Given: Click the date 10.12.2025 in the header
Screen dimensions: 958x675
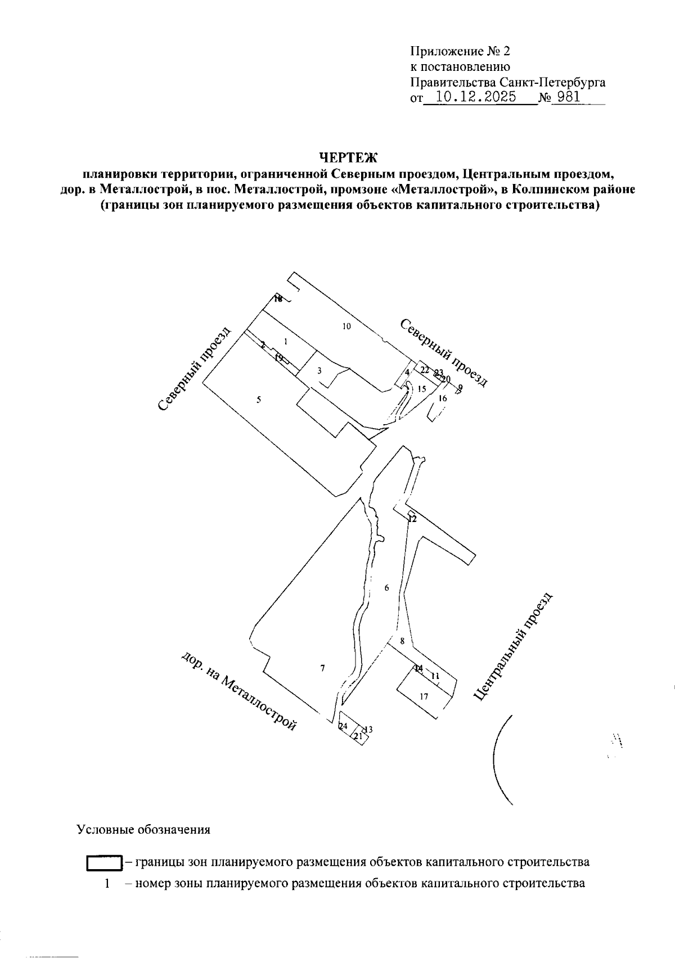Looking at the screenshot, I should [x=476, y=97].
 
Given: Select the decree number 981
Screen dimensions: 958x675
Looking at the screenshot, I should [x=568, y=97].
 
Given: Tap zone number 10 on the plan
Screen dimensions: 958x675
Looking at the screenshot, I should [x=346, y=326].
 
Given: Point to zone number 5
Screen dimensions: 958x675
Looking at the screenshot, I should [x=259, y=400].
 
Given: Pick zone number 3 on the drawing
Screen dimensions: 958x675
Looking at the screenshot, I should [x=319, y=371].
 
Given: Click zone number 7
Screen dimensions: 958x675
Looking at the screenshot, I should [x=322, y=668].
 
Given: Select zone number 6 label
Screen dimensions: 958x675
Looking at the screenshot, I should [x=386, y=588].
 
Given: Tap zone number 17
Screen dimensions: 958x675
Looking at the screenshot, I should [x=424, y=697].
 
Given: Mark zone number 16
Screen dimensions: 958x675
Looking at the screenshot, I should [x=443, y=399].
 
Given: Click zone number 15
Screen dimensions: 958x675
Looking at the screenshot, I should [x=422, y=389].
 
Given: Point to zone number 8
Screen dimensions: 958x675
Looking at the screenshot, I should [x=402, y=641].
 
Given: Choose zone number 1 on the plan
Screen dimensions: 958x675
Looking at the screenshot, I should [x=286, y=341].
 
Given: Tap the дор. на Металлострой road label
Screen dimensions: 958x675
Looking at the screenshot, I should [x=238, y=692].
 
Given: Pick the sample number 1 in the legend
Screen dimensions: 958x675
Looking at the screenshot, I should [x=106, y=884].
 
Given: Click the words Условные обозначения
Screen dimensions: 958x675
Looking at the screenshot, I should [x=143, y=830].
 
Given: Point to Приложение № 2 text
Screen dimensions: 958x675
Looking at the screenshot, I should [x=460, y=52].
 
